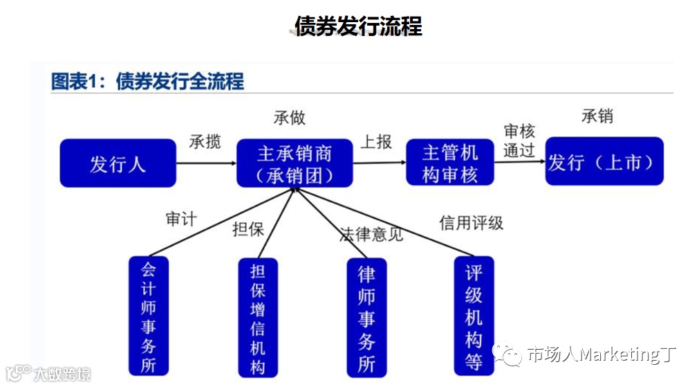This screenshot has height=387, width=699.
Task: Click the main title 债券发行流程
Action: (x=357, y=26)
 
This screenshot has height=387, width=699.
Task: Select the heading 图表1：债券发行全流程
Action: (x=148, y=82)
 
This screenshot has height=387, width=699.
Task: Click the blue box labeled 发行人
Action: (x=118, y=163)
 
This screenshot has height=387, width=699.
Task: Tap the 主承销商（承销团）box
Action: (x=295, y=163)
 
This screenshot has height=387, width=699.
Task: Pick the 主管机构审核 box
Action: (x=449, y=163)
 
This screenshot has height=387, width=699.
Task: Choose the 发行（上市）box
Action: (x=604, y=162)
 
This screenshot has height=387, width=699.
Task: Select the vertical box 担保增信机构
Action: (x=257, y=318)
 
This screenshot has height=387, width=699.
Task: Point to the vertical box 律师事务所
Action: (x=366, y=317)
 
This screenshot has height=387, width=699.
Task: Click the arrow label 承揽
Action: (x=205, y=141)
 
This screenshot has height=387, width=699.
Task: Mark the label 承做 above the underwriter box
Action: (x=289, y=118)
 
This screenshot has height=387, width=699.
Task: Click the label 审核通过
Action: (x=519, y=141)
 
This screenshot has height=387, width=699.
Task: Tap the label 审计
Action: (x=181, y=219)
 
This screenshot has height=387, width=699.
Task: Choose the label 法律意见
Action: (x=371, y=234)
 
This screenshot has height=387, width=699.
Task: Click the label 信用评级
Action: (x=471, y=223)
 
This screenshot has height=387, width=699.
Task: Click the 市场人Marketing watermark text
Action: (x=600, y=355)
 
